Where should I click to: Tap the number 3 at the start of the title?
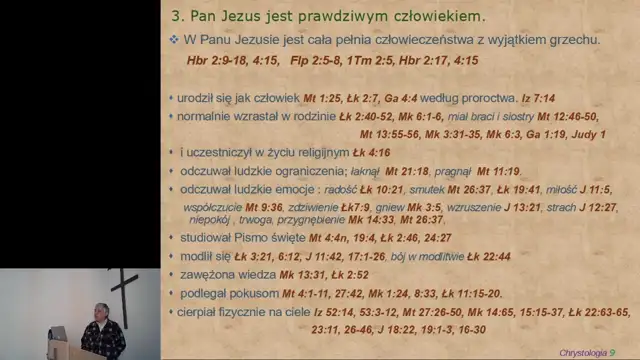[x=177, y=17]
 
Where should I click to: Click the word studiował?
[x=208, y=238]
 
